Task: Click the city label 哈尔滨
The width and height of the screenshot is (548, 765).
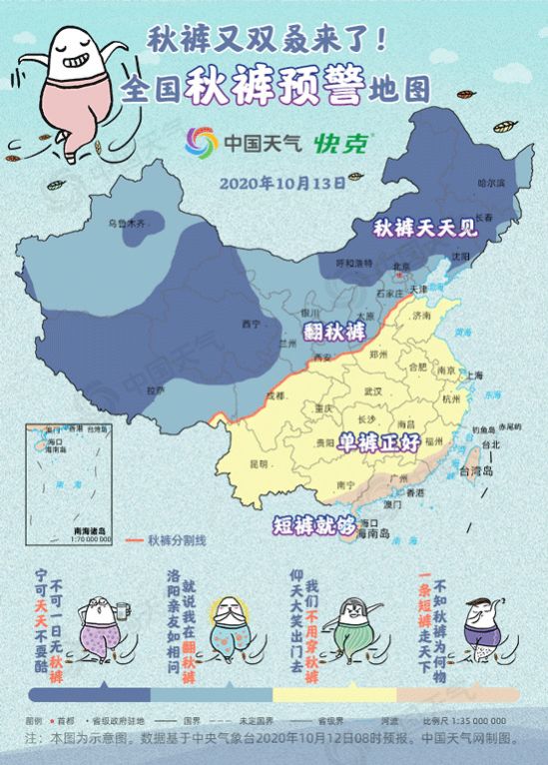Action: click(491, 184)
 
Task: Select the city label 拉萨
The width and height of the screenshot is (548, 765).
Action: click(156, 390)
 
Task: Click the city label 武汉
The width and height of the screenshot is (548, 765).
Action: click(374, 390)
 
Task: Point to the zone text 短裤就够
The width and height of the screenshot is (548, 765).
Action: click(313, 523)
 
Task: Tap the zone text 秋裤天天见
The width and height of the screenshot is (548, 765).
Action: click(427, 228)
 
